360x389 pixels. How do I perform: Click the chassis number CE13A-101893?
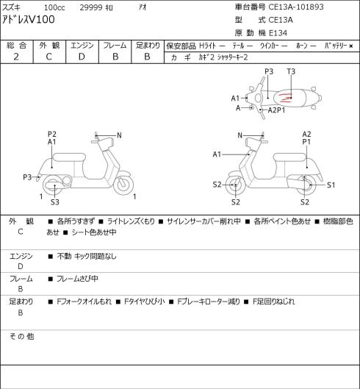296,7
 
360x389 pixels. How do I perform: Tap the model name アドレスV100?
28,20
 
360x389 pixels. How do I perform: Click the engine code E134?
278,33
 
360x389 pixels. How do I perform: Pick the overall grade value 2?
16,57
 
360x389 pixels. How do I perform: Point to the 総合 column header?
16,46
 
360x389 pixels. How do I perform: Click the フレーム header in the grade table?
115,46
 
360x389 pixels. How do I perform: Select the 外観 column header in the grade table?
49,46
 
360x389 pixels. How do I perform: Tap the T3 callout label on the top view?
291,72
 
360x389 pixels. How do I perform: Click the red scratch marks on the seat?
284,98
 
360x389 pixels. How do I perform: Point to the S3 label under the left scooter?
55,202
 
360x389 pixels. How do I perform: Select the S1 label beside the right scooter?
331,185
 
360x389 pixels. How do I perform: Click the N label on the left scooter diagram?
119,135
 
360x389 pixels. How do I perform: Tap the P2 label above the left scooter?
52,135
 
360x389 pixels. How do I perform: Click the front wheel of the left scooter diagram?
123,185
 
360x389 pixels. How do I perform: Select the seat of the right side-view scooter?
289,157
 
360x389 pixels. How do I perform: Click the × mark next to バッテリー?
350,46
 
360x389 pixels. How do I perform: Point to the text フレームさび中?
77,279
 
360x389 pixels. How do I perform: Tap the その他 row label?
21,337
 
